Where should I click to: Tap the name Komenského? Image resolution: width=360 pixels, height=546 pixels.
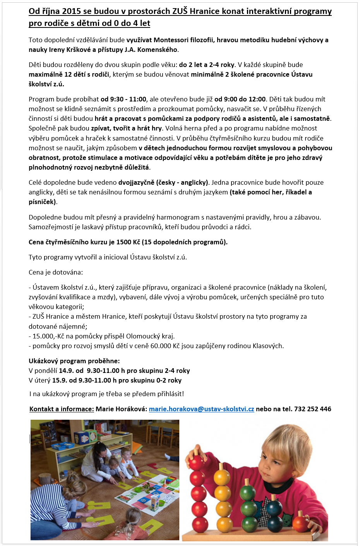click(158, 50)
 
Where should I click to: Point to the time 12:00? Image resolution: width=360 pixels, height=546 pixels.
click(256, 99)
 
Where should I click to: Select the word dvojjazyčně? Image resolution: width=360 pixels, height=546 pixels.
click(137, 182)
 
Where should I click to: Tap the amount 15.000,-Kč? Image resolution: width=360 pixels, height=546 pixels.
click(49, 336)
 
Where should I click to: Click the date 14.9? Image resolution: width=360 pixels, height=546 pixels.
click(66, 371)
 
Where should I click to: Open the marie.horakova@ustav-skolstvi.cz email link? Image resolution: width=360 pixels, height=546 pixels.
click(201, 409)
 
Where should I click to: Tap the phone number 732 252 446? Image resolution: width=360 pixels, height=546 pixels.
click(312, 409)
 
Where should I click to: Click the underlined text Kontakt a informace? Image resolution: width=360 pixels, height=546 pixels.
click(62, 409)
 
